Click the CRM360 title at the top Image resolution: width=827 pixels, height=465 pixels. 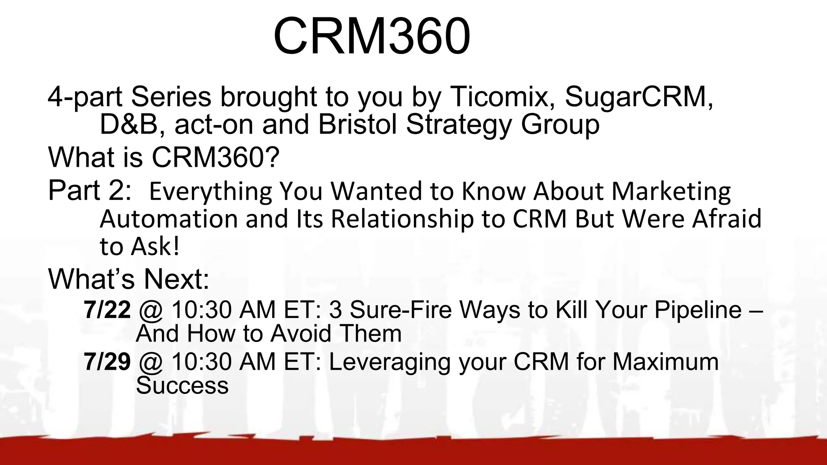[372, 36]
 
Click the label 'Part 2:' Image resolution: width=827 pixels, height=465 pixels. [89, 190]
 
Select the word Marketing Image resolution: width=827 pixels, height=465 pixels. [671, 191]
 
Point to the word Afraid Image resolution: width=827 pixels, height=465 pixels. [726, 219]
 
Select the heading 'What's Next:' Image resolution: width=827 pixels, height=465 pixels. [129, 279]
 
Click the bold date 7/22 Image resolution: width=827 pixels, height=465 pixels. [107, 310]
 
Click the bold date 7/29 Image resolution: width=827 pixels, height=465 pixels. [107, 362]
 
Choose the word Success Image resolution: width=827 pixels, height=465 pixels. [182, 385]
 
